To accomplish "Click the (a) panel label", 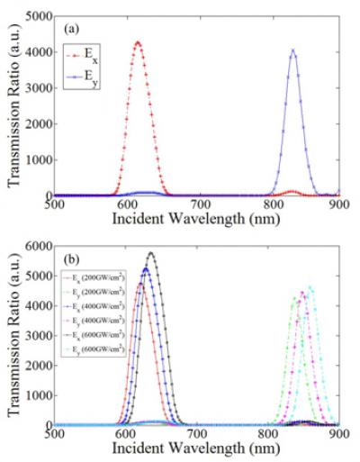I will click(68, 25).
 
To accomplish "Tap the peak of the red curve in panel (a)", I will click(137, 41).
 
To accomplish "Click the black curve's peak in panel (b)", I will click(151, 253).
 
